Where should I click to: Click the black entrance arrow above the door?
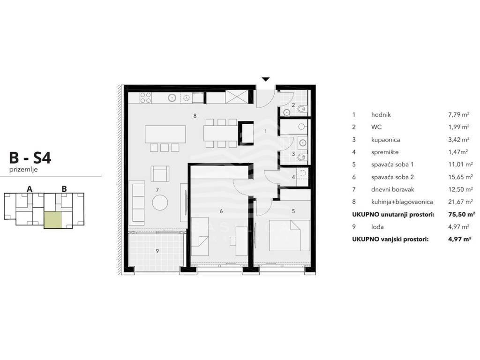[x=266, y=79]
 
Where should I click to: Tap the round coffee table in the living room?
[x=160, y=202]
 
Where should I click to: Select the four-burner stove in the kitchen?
[x=145, y=97]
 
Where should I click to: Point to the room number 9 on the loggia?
[x=157, y=251]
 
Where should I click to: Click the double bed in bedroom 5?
[x=289, y=236]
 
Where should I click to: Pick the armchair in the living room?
[x=160, y=173]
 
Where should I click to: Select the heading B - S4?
[x=30, y=158]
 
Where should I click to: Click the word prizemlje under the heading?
[x=23, y=170]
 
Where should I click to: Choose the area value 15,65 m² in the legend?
[x=458, y=177]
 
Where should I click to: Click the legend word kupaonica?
[x=385, y=140]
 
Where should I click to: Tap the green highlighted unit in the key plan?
[x=52, y=220]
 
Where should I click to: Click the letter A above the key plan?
[x=30, y=189]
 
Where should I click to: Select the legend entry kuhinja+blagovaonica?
[x=402, y=202]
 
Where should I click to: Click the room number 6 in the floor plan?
[x=221, y=211]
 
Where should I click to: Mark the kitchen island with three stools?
[x=165, y=138]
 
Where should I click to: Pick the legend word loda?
[x=377, y=227]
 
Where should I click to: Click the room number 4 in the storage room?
[x=293, y=177]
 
